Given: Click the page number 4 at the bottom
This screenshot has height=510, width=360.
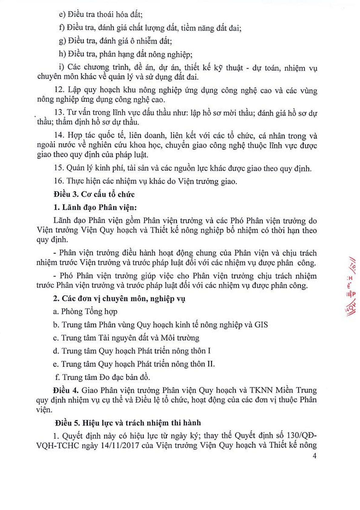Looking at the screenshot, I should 315,456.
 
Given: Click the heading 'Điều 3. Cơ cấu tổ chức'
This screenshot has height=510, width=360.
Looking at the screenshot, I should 94,194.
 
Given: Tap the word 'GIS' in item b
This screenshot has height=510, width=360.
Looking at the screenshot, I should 261,325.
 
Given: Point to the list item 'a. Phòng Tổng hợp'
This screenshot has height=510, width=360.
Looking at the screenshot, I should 85,312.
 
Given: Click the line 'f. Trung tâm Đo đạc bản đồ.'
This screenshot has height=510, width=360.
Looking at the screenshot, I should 102,377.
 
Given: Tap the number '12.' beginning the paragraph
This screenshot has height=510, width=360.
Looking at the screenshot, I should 60,90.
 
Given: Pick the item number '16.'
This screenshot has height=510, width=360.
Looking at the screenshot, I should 59,181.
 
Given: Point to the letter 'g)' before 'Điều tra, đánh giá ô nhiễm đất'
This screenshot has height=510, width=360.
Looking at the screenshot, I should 62,41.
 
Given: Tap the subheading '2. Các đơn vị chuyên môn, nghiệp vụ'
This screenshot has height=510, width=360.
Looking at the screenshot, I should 119,298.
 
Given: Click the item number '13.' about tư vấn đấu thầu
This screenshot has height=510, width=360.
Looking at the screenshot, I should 59,113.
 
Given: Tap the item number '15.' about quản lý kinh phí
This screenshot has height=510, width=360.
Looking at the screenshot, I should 59,168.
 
